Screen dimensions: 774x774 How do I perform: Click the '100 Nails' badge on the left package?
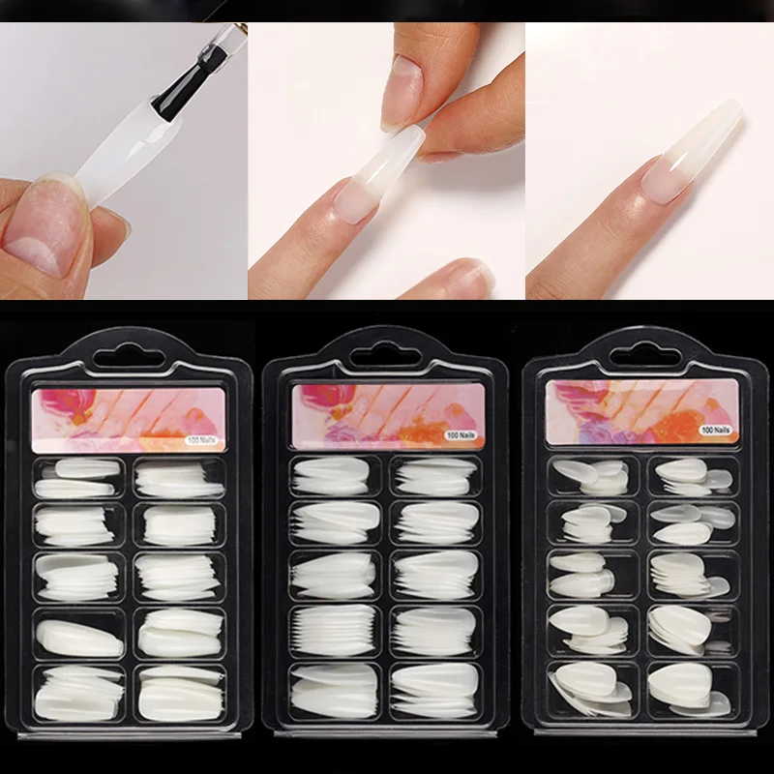[202, 440]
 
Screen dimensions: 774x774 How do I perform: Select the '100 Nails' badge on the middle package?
[461, 434]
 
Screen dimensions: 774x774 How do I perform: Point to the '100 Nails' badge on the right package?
[716, 430]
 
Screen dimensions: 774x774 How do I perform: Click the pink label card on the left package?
[129, 420]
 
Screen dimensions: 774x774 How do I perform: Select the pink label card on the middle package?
[388, 416]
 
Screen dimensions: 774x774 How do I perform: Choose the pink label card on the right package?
[642, 411]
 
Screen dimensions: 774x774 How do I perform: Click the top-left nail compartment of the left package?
[79, 478]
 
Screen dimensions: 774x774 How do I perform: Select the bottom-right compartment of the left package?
[180, 694]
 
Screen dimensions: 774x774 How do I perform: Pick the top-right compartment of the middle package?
[436, 476]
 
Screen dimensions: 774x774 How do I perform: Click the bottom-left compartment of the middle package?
[335, 691]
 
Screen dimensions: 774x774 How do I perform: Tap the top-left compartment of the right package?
[593, 475]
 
